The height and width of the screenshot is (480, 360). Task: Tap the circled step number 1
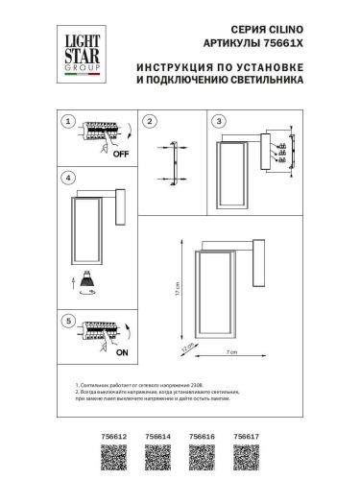65,122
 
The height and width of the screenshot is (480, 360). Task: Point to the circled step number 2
150,121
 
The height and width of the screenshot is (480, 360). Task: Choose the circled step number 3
219,121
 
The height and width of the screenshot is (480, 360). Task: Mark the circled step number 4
65,179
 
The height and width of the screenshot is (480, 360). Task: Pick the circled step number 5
65,320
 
